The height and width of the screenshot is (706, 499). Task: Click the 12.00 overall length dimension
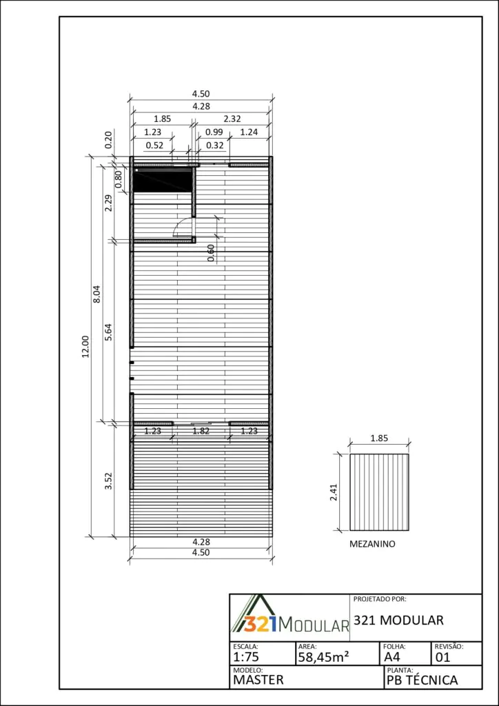click(x=85, y=346)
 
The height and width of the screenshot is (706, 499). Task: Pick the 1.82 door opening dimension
click(x=201, y=431)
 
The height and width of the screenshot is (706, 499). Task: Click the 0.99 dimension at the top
click(x=214, y=132)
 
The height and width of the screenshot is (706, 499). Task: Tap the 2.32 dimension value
click(x=232, y=119)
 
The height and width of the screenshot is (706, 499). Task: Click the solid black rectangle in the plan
click(x=163, y=180)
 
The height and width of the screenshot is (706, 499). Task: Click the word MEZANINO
click(x=373, y=544)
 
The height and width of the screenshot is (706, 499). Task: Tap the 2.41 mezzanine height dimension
click(x=333, y=492)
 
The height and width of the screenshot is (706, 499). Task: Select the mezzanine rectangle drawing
click(x=379, y=492)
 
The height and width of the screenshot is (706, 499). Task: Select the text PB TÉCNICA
click(x=422, y=680)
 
